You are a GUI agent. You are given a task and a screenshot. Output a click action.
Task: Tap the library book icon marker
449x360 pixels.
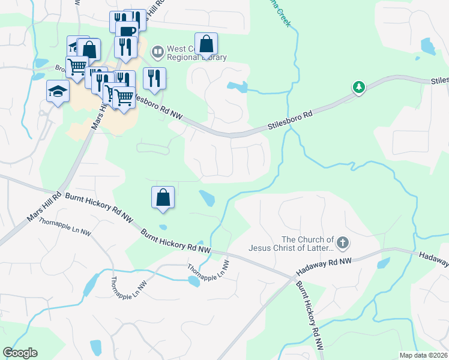(x=158, y=52)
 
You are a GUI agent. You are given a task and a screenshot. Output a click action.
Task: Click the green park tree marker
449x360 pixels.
(x=359, y=88)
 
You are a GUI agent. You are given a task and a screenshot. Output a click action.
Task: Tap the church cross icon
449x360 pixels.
(x=343, y=243)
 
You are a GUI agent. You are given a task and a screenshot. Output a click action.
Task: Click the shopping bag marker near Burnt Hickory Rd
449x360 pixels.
(x=163, y=197)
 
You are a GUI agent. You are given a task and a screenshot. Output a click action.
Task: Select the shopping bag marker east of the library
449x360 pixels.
(x=206, y=44)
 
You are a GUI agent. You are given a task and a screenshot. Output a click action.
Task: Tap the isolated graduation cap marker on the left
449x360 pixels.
(x=58, y=92)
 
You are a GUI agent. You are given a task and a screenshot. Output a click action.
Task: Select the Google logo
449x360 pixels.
(x=20, y=353)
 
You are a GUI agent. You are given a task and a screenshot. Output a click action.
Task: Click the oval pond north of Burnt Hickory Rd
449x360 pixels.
(x=206, y=197)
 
